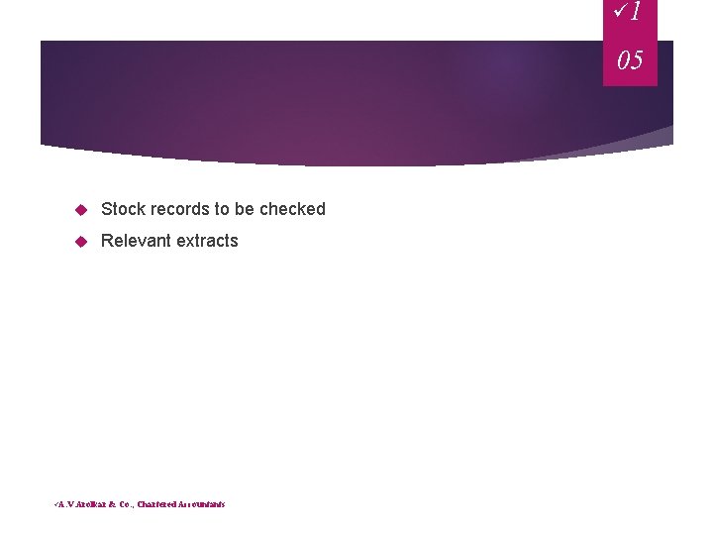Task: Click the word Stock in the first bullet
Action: pos(124,209)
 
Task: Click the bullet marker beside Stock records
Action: pos(81,210)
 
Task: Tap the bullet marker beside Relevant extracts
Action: pos(81,242)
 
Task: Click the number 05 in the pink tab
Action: pos(630,60)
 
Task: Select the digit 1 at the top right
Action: pos(636,12)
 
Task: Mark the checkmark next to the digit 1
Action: pos(621,12)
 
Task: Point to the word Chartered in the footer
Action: pos(158,504)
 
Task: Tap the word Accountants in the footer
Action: pos(203,504)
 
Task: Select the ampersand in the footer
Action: pos(113,504)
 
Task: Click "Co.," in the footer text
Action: pos(126,504)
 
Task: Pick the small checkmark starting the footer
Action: pos(55,503)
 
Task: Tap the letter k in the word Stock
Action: pos(142,209)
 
